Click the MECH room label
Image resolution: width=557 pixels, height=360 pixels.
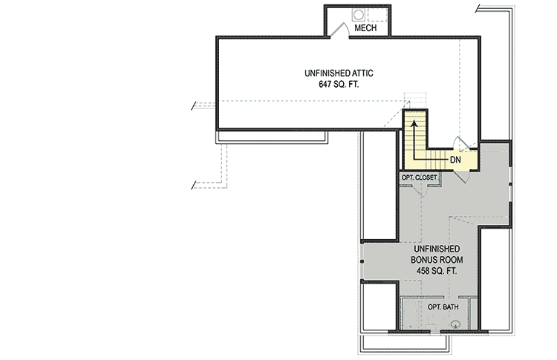click(x=365, y=28)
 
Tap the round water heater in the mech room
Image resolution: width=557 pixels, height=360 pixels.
click(x=359, y=15)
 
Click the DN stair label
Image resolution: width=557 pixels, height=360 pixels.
click(x=455, y=159)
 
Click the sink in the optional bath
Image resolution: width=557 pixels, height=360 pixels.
click(x=455, y=322)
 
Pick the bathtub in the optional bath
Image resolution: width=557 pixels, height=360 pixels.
click(x=413, y=315)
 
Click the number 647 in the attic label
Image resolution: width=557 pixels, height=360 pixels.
click(x=325, y=85)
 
